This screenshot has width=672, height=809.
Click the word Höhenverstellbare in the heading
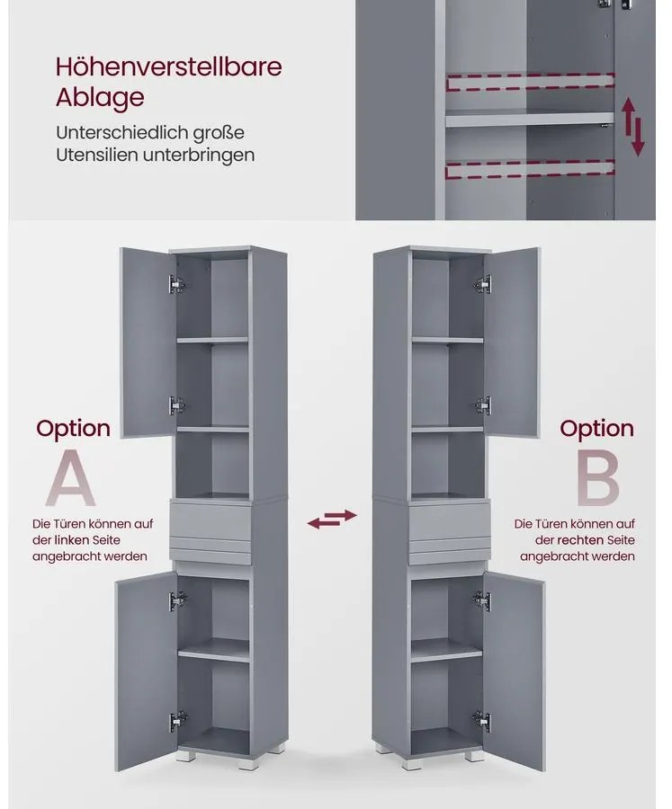pyautogui.click(x=168, y=67)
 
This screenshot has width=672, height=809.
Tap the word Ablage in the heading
pyautogui.click(x=100, y=97)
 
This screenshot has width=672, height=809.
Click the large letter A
pyautogui.click(x=71, y=478)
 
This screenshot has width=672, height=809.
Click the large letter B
pyautogui.click(x=597, y=478)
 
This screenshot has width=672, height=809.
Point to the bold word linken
pyautogui.click(x=72, y=540)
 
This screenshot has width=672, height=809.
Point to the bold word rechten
pyautogui.click(x=580, y=540)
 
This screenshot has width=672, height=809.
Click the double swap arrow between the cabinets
pyautogui.click(x=332, y=519)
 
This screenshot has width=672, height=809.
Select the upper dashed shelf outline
pyautogui.click(x=530, y=82)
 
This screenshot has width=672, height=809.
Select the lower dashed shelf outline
pyautogui.click(x=530, y=170)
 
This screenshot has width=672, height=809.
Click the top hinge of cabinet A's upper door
pyautogui.click(x=176, y=284)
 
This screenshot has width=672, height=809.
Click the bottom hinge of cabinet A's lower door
pyautogui.click(x=177, y=720)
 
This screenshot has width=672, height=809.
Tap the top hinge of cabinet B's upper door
pyautogui.click(x=483, y=284)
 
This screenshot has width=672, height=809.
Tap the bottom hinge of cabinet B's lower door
pyautogui.click(x=481, y=720)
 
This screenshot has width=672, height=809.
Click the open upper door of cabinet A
pyautogui.click(x=148, y=342)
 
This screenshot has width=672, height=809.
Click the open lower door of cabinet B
pyautogui.click(x=514, y=671)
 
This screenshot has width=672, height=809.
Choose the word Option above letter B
pyautogui.click(x=596, y=429)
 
